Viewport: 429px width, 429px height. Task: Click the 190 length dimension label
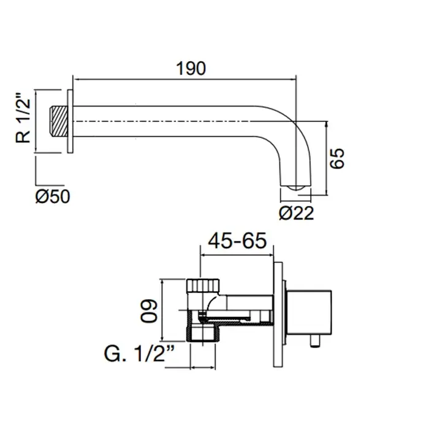[191, 69]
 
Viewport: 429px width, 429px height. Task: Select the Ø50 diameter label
[53, 196]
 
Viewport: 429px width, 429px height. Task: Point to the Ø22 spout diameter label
[296, 213]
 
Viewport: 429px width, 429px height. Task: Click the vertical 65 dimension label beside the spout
[337, 158]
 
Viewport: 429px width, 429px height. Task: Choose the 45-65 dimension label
[237, 241]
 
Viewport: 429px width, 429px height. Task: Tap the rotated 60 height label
[149, 311]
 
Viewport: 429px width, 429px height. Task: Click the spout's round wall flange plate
[70, 121]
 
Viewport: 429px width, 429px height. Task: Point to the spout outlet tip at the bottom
[296, 188]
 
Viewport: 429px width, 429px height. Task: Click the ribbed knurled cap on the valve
[203, 286]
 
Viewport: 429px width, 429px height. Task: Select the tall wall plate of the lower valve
[278, 314]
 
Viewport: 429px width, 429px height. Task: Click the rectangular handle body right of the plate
[309, 312]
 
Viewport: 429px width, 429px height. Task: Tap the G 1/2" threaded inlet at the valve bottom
[203, 333]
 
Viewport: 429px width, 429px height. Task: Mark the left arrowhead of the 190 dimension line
[76, 80]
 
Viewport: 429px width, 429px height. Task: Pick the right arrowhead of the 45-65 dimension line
[270, 256]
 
